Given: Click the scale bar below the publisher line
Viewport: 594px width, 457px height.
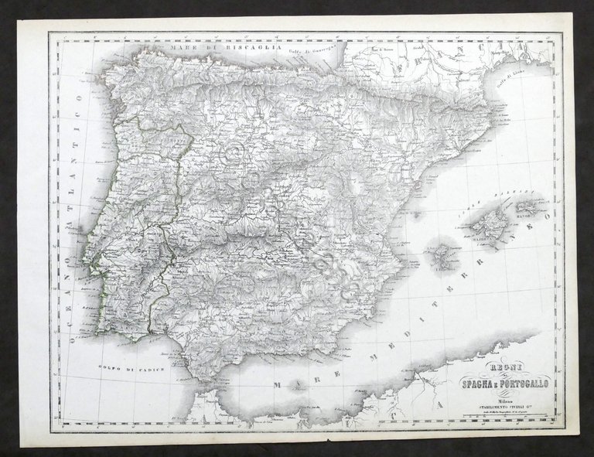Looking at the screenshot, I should [501, 415].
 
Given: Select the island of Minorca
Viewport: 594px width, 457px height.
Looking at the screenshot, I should [531, 208].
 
